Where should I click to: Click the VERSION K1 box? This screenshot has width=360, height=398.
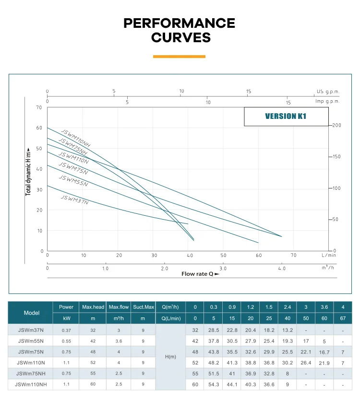pos(286,117)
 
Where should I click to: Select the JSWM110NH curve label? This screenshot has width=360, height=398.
pos(75,138)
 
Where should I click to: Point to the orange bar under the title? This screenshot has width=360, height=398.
pos(179,57)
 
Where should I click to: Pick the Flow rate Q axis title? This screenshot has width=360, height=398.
pos(200,274)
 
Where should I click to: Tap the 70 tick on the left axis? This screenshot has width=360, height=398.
pos(39,107)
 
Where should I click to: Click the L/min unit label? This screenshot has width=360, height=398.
pos(329,255)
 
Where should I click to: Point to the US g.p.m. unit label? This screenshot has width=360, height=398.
pos(327,91)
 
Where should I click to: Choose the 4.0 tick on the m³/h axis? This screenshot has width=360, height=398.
pos(282,269)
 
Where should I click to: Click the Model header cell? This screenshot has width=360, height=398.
pos(32,313)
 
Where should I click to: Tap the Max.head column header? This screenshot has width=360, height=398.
pos(93,307)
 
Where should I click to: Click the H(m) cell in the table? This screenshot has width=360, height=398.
pos(171,357)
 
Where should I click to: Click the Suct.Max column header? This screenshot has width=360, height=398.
pos(143,307)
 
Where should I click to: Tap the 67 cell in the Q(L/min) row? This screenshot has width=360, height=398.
pos(342,318)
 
